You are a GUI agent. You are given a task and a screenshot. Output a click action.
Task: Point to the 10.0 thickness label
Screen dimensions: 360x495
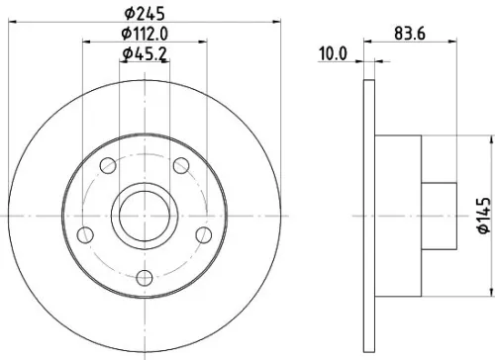(337, 54)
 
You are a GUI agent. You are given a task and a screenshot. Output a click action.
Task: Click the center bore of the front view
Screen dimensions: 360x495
(144, 215)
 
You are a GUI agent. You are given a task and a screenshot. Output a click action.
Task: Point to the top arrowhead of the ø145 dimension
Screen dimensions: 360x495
(491, 140)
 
